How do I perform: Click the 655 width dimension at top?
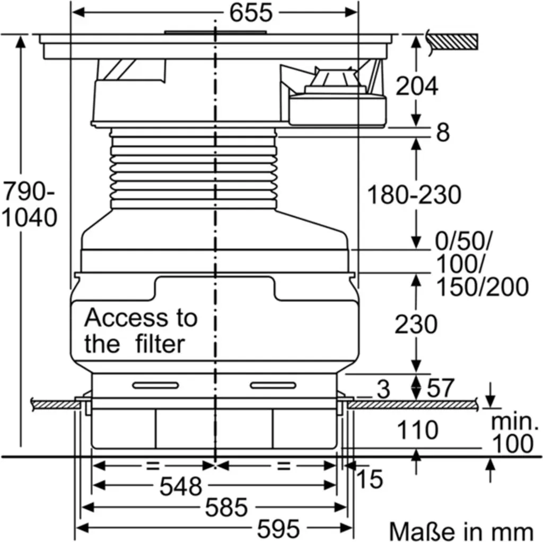point(251,13)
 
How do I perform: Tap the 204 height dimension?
point(417,86)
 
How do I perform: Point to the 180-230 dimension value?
point(414,194)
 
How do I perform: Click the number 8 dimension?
point(443,132)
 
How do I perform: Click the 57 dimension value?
point(440,388)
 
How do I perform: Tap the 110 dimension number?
point(418,430)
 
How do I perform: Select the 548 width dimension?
point(180,486)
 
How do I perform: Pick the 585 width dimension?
point(226,508)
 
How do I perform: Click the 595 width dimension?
point(278,529)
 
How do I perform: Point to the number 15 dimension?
point(370,479)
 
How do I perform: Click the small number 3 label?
point(383,389)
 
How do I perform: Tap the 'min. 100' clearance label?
point(514,433)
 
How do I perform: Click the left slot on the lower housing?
point(155,386)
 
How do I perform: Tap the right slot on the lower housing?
point(273,386)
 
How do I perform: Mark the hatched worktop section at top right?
point(454,42)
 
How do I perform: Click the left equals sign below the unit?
point(153,466)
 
